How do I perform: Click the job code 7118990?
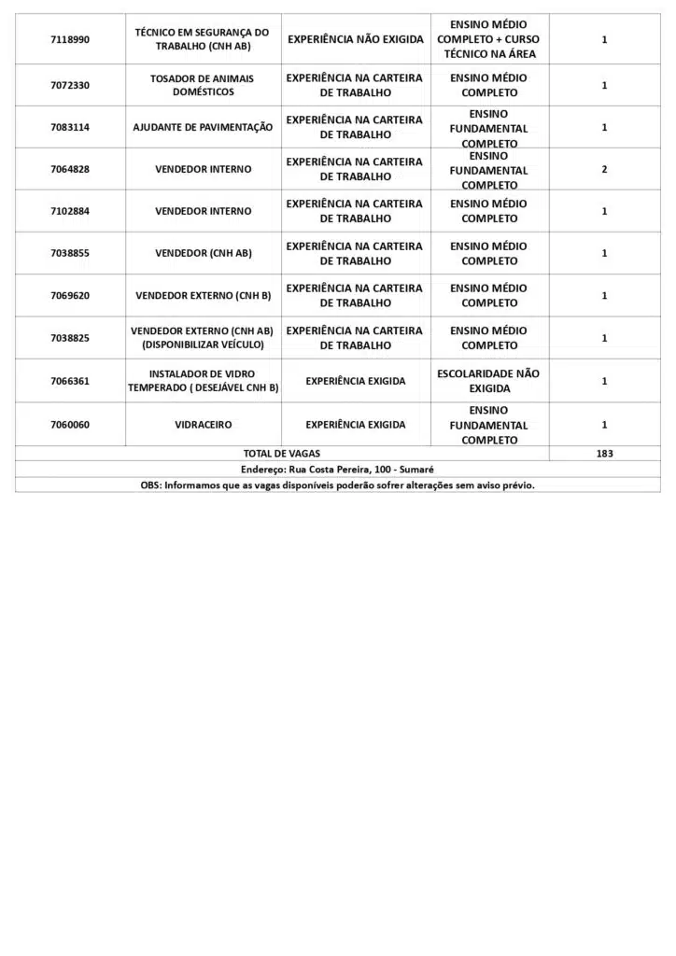[70, 40]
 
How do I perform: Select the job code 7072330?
[70, 85]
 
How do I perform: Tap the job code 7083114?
[70, 127]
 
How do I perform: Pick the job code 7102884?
[70, 211]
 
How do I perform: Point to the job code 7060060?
[70, 425]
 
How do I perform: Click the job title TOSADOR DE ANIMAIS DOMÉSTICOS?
[202, 85]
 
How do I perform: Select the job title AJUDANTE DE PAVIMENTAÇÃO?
[203, 127]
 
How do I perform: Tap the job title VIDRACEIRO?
[203, 425]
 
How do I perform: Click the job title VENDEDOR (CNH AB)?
[203, 253]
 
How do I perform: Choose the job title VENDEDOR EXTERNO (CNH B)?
[203, 296]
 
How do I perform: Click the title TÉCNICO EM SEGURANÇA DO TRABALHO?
[202, 39]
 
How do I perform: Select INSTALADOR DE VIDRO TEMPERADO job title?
[203, 381]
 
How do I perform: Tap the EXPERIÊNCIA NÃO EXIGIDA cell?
[355, 39]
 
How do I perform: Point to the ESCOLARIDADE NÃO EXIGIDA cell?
[488, 381]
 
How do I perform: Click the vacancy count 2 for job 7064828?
[604, 170]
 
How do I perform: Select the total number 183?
[604, 454]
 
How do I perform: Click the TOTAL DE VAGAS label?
[281, 454]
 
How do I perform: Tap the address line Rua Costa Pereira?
[337, 470]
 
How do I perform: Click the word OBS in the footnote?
[150, 485]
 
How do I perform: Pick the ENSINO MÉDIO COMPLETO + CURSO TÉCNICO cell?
[488, 39]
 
